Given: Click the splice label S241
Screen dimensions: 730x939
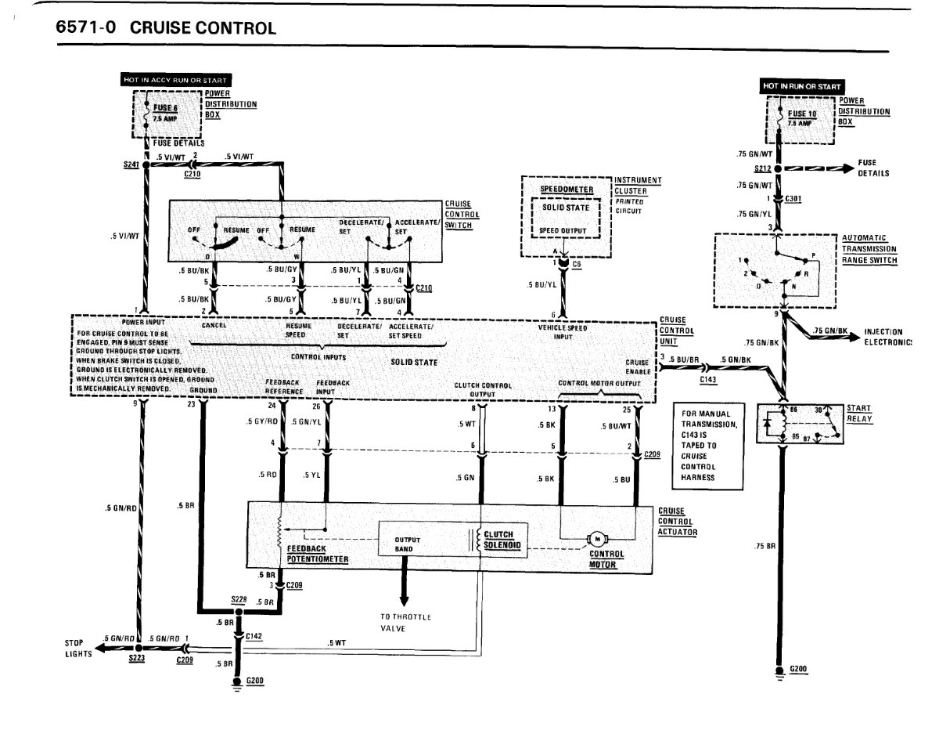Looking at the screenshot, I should pos(131,165).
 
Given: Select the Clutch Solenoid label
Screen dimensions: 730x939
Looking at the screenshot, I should pos(501,540).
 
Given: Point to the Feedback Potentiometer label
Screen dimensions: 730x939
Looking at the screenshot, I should pos(317,555).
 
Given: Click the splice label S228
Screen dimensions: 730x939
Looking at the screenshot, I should pos(239,599).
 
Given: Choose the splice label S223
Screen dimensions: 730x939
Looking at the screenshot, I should pos(137,661).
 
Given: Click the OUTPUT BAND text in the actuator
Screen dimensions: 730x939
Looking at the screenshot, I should pos(408,544).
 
